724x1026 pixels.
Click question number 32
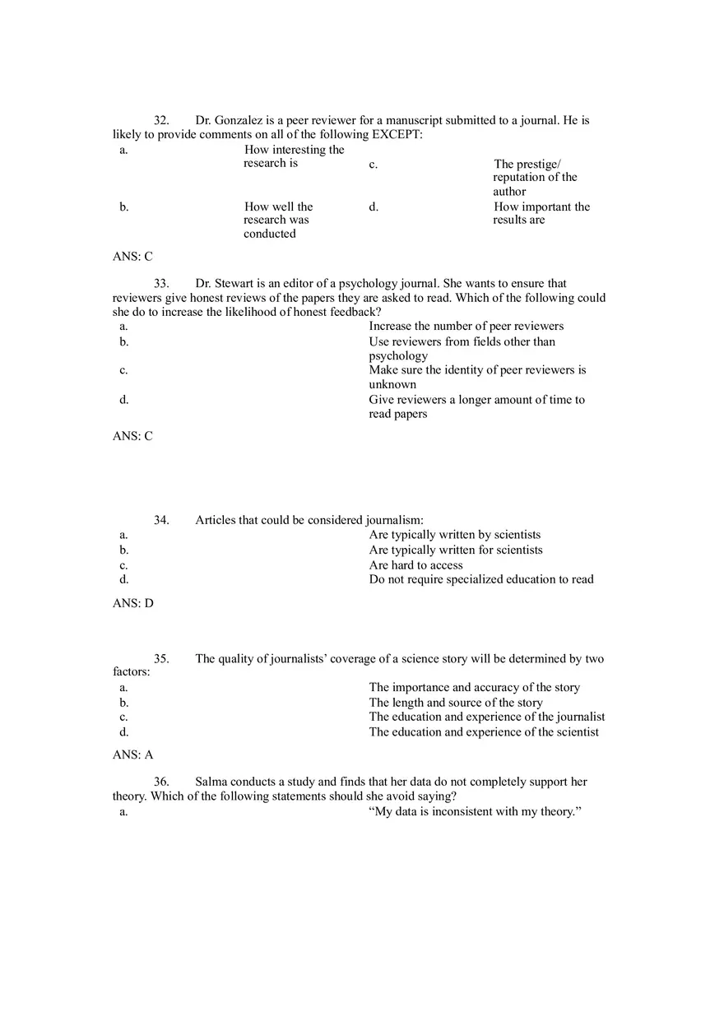coord(161,121)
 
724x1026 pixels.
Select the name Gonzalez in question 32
coord(238,121)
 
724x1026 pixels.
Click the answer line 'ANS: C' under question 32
coord(132,257)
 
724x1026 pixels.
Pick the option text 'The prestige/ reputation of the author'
coord(535,178)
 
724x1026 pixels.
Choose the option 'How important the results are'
coord(541,213)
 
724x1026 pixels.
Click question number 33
coord(161,284)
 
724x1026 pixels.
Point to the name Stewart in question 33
coord(233,284)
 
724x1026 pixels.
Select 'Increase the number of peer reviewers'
coord(466,327)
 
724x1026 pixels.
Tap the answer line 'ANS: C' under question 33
coord(132,436)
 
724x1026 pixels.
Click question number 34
coord(161,520)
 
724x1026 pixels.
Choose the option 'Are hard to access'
coord(415,565)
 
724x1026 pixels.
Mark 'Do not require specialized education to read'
coord(480,579)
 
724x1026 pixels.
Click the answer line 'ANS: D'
coord(132,603)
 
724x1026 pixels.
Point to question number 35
coord(161,659)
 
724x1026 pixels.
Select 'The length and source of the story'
coord(455,703)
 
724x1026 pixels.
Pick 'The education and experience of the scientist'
coord(484,732)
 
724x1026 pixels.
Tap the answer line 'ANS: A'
coord(132,754)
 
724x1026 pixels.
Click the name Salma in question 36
coord(211,782)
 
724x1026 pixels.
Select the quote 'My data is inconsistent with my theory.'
coord(475,812)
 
